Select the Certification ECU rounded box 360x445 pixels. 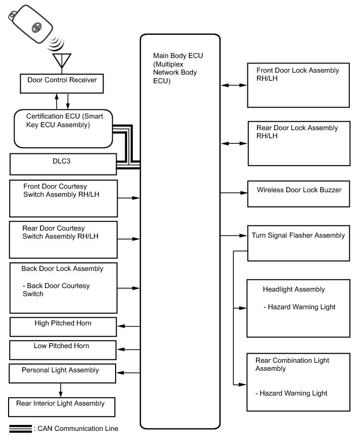(x=63, y=128)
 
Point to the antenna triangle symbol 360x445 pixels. (x=62, y=61)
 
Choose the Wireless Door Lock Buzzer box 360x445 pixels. (x=298, y=194)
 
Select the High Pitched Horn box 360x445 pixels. (x=63, y=327)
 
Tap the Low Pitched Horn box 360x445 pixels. (x=63, y=350)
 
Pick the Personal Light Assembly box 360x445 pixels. (x=63, y=373)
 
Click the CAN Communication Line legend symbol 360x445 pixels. (x=20, y=429)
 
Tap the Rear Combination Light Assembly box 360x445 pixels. (x=298, y=381)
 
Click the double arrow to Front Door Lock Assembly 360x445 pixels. (x=234, y=86)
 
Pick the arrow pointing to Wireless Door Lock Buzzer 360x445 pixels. (x=234, y=193)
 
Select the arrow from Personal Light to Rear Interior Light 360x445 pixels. (x=61, y=390)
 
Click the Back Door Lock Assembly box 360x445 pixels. (x=63, y=288)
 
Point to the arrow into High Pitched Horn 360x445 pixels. (x=128, y=327)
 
